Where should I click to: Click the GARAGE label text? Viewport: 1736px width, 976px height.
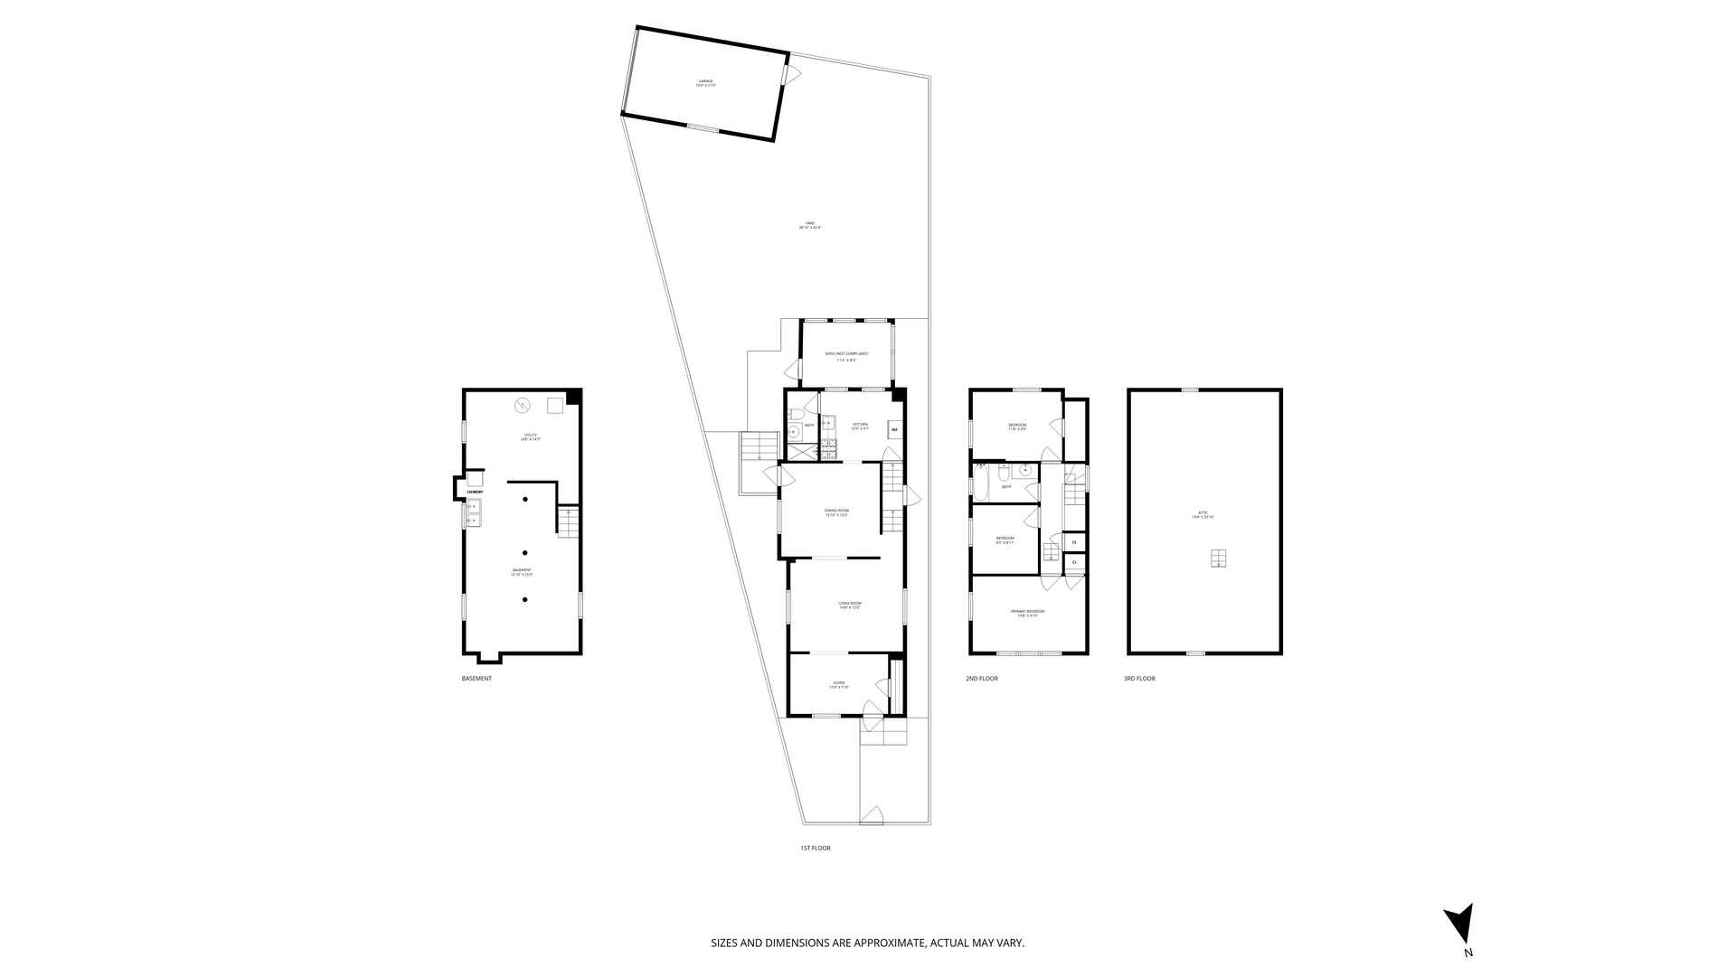pyautogui.click(x=704, y=81)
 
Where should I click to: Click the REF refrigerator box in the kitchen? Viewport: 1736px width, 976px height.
pyautogui.click(x=894, y=430)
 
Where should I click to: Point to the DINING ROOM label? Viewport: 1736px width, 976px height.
pyautogui.click(x=836, y=511)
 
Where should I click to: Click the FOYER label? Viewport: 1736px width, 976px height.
pyautogui.click(x=838, y=684)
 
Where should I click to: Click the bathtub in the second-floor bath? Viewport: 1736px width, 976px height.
pyautogui.click(x=981, y=483)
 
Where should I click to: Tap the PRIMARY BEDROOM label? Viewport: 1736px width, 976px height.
pyautogui.click(x=1027, y=612)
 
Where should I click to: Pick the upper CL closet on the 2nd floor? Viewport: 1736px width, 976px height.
pyautogui.click(x=1074, y=542)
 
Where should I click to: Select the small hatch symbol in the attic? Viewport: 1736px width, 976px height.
pyautogui.click(x=1219, y=558)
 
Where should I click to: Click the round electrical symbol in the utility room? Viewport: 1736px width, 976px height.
pyautogui.click(x=523, y=406)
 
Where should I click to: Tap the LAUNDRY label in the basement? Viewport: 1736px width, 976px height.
pyautogui.click(x=475, y=492)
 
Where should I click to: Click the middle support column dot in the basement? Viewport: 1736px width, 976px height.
pyautogui.click(x=524, y=552)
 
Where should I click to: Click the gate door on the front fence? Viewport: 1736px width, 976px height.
pyautogui.click(x=871, y=815)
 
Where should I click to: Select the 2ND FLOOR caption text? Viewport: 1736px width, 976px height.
pyautogui.click(x=982, y=679)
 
